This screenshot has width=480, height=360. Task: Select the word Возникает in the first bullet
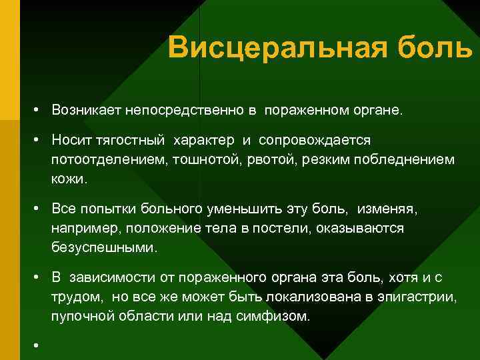(86, 109)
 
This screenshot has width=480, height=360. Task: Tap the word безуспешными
(103, 248)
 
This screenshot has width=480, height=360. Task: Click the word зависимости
(110, 277)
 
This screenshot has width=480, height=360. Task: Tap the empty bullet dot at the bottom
(41, 346)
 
